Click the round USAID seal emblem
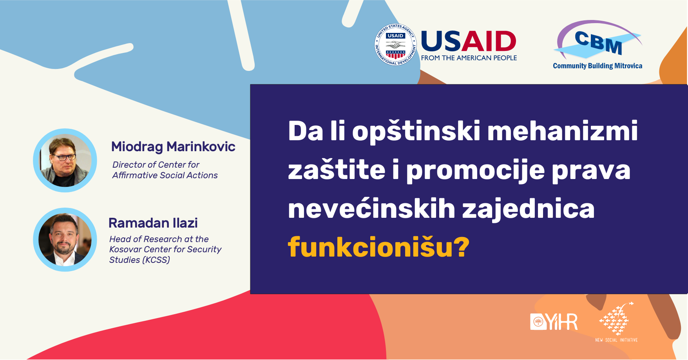pyautogui.click(x=395, y=45)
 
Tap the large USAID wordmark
pyautogui.click(x=469, y=41)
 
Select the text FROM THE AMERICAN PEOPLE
pyautogui.click(x=469, y=58)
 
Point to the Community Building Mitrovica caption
pyautogui.click(x=597, y=66)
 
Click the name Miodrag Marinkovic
pyautogui.click(x=173, y=147)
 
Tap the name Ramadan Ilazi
pyautogui.click(x=153, y=223)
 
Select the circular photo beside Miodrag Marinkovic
pyautogui.click(x=65, y=160)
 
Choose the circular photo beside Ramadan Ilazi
pyautogui.click(x=65, y=239)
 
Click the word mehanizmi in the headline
pyautogui.click(x=562, y=131)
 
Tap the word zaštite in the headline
pyautogui.click(x=337, y=170)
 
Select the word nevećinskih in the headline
pyautogui.click(x=371, y=208)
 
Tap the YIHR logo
pyautogui.click(x=554, y=322)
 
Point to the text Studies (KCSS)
pyautogui.click(x=139, y=260)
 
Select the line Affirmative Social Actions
pyautogui.click(x=165, y=175)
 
